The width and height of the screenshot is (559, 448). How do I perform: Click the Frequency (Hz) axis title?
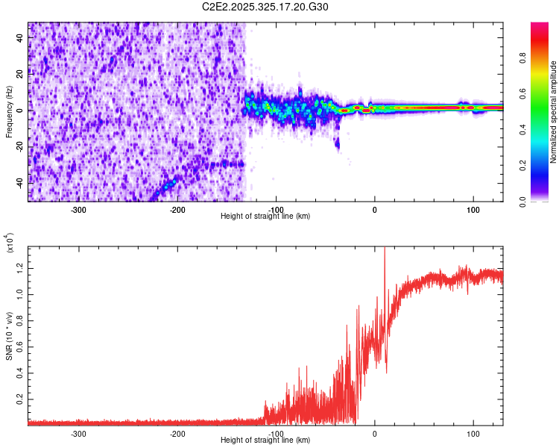9,111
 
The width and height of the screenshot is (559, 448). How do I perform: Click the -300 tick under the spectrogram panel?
78,209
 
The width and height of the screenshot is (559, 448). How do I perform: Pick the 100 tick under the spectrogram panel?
473,209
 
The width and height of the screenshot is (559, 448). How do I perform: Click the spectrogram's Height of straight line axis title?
265,216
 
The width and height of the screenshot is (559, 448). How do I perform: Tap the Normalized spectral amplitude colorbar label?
554,112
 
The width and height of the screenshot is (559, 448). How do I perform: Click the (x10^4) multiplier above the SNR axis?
10,243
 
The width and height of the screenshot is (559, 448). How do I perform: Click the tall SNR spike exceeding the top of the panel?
384,250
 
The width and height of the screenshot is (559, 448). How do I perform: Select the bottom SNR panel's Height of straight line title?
265,440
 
